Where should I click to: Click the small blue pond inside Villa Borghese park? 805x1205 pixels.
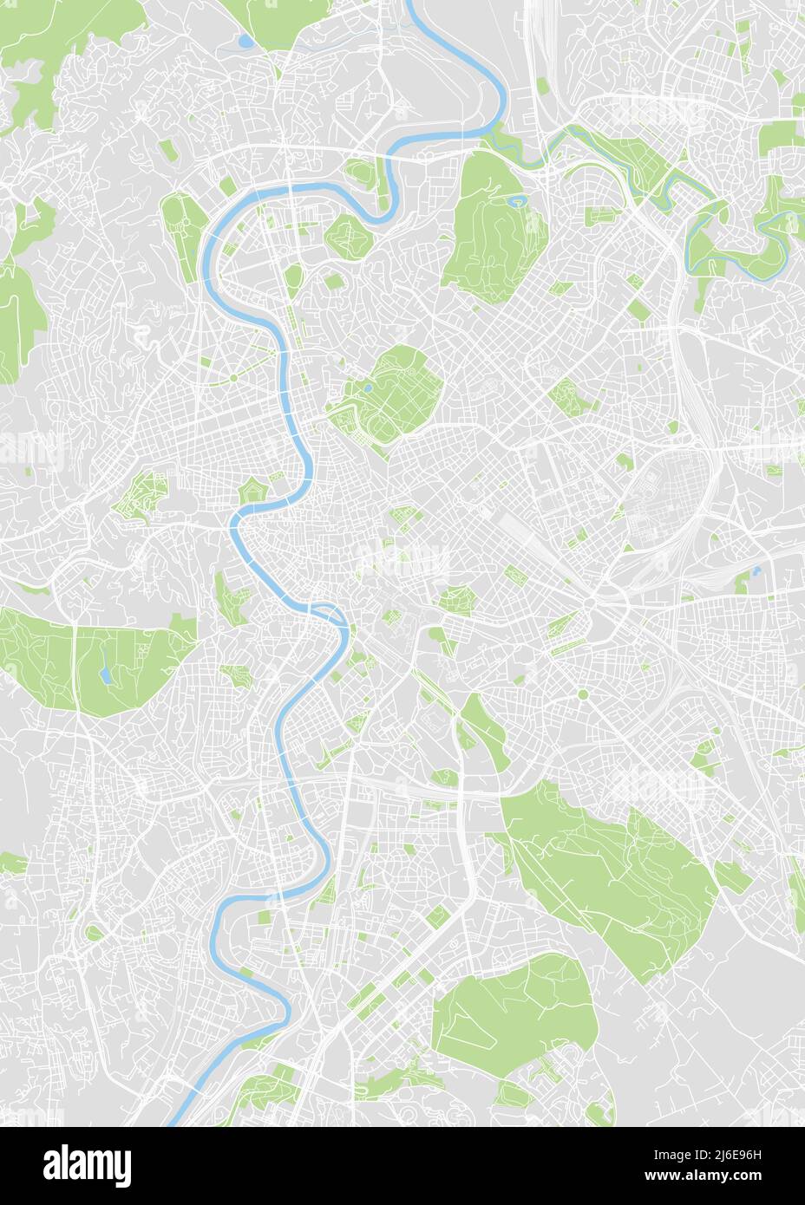click(x=369, y=389)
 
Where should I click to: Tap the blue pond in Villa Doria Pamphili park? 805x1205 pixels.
click(x=104, y=674)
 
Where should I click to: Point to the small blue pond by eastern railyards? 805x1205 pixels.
click(x=757, y=571)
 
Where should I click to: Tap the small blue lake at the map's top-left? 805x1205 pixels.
click(x=247, y=41)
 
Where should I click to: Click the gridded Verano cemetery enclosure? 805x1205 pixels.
click(x=672, y=490)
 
